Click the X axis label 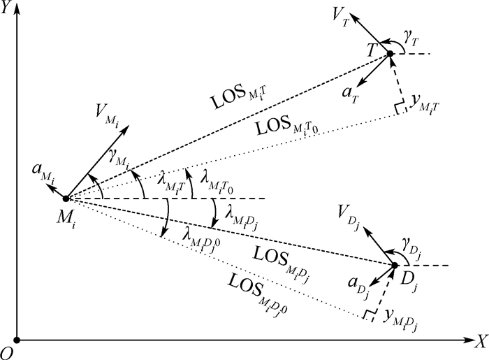pos(480,342)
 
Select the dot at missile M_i pos(66,199)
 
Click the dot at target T pos(389,54)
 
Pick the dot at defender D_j pos(395,266)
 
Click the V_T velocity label pos(340,15)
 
